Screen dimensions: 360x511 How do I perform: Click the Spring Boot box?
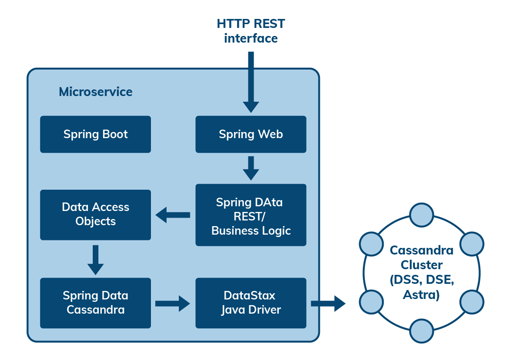tap(95, 134)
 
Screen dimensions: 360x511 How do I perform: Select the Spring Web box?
tap(251, 134)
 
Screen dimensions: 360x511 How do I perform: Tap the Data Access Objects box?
tap(95, 214)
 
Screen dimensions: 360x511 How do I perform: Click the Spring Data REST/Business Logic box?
tap(251, 215)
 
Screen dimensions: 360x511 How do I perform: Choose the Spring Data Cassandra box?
tap(95, 303)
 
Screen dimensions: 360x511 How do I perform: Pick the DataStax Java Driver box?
tap(251, 303)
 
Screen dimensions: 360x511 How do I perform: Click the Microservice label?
tap(96, 92)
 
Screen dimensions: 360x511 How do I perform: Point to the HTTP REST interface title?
tap(250, 31)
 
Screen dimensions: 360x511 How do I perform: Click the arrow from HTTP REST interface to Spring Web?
tap(251, 80)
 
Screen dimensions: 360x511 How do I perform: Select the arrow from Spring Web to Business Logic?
tap(251, 168)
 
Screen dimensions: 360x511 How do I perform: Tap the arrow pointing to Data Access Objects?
tap(173, 215)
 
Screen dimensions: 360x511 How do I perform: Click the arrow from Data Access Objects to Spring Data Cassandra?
tap(96, 259)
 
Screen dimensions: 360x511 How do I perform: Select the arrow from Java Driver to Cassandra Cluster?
tap(328, 303)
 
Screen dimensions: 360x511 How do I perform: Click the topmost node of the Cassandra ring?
tap(421, 215)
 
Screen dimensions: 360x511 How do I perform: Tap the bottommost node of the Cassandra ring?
tap(421, 331)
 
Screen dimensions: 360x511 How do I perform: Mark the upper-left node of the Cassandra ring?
tap(371, 244)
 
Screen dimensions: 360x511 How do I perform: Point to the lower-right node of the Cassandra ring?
tap(471, 301)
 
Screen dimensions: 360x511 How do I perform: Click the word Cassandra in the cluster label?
tap(421, 250)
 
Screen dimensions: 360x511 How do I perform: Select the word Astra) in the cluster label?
tap(421, 295)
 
